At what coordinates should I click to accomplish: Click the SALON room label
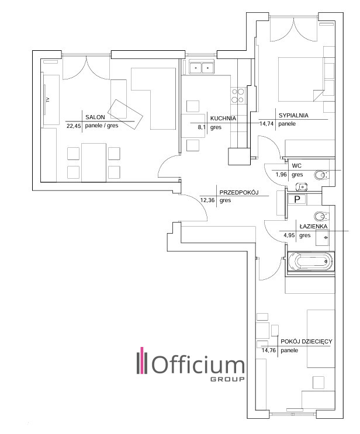coord(95,117)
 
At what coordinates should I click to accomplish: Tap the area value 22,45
coord(74,126)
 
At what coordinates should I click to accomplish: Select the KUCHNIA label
coord(223,119)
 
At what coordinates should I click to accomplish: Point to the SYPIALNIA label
coord(293,116)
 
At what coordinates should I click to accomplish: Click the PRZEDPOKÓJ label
coord(238,192)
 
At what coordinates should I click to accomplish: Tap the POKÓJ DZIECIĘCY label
coord(306,342)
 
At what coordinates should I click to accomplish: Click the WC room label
coord(296,166)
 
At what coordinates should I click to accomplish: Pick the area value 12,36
coord(207,200)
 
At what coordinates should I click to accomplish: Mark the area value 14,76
coord(269,350)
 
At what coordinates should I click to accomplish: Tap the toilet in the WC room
coord(321,175)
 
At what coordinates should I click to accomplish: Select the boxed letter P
coord(297,199)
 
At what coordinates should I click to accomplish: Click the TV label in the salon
coord(48,100)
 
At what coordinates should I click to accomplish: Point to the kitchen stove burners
coord(238,95)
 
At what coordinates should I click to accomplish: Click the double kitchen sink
coord(202,67)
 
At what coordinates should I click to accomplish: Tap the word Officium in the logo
coord(199,364)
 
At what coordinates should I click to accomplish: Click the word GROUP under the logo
coord(228,379)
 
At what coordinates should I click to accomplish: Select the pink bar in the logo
coord(143,360)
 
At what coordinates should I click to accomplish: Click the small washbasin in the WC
coord(302,187)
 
